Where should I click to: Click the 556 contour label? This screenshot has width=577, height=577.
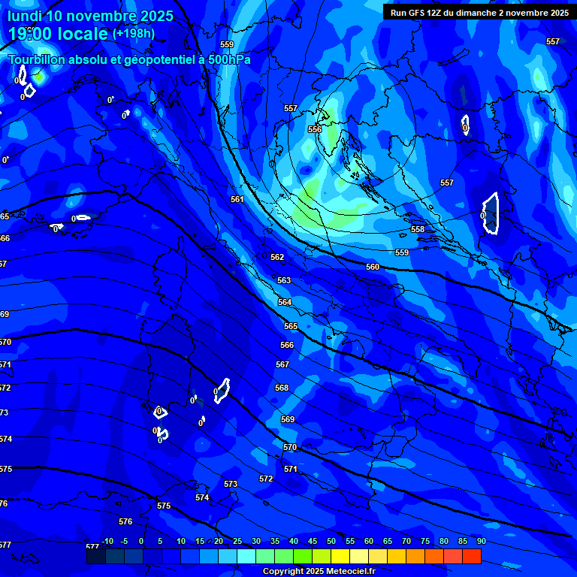(315, 129)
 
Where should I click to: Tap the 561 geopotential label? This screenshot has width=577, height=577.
(237, 199)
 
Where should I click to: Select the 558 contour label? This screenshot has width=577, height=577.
(418, 229)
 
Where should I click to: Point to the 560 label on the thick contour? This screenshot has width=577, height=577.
(373, 267)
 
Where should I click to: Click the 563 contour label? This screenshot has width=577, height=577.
(284, 280)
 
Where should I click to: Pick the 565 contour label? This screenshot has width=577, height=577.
(291, 326)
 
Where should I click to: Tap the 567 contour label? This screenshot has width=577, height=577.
(282, 364)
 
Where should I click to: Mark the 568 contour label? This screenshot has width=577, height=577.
(282, 388)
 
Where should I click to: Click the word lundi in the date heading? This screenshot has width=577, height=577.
(27, 16)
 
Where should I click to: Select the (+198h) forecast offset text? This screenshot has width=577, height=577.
(134, 33)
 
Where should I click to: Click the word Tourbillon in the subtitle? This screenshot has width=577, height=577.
(42, 59)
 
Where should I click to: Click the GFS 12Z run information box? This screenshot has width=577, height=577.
(479, 12)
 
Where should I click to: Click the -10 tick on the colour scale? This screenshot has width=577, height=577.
(107, 541)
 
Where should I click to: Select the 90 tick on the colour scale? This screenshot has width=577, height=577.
(481, 541)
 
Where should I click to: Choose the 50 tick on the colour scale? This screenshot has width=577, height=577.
(331, 541)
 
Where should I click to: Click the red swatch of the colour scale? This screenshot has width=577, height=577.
(472, 557)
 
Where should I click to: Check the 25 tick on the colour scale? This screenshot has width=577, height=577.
(237, 541)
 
